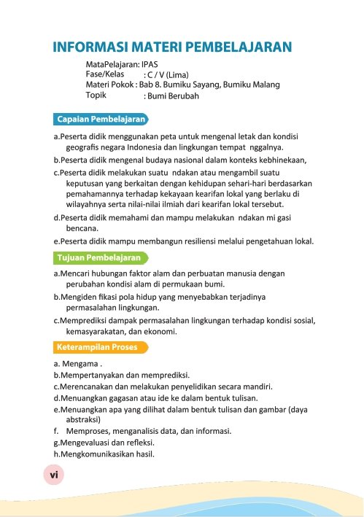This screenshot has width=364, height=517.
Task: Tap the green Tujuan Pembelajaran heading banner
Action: click(x=100, y=257)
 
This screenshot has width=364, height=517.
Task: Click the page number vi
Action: click(x=53, y=474)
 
